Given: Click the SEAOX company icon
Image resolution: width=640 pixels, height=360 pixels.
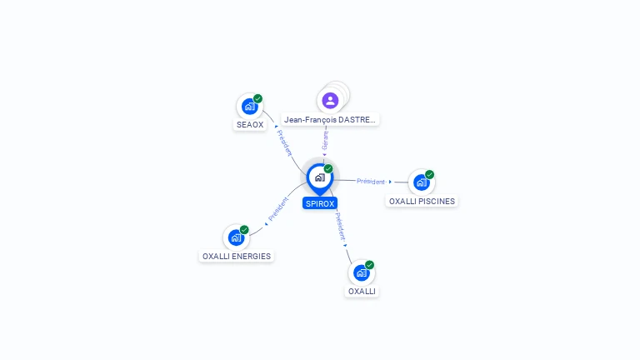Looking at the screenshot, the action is point(249,107).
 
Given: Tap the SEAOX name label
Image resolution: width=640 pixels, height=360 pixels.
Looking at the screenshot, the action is point(250,125).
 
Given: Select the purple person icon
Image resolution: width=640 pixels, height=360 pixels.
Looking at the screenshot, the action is point(330,100).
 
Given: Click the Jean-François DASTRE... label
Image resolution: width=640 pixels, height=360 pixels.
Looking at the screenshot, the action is point(330,120).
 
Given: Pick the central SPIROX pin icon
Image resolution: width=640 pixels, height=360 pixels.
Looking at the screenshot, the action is point(320,179).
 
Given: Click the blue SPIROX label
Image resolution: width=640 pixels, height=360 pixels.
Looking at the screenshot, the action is point(320,203).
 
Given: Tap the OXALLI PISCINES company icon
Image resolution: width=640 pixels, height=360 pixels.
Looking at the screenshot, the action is point(421,182).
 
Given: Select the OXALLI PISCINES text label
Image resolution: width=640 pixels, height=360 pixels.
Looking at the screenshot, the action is point(422,201).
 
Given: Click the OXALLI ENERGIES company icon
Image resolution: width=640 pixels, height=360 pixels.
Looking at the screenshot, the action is point(236,237).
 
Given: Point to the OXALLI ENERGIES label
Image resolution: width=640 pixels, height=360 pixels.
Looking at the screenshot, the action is point(237,257).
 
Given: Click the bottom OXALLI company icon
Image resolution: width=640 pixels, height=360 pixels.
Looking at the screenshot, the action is point(361,272).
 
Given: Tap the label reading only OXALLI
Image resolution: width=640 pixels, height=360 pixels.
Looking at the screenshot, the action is point(362,292).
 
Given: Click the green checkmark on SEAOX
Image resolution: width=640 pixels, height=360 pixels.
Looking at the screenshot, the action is point(257,98).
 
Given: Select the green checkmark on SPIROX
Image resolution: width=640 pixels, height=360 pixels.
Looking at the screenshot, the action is point(328,168).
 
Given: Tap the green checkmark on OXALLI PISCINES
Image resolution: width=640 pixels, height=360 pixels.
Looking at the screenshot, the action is point(429,174).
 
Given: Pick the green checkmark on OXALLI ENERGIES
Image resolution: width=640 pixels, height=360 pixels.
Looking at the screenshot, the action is point(244,229).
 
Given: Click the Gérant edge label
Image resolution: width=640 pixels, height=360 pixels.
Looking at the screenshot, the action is point(325,141).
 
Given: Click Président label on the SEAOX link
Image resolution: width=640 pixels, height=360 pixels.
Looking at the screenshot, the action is point(284,142).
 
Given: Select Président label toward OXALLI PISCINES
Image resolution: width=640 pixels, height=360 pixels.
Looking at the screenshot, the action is point(371,181).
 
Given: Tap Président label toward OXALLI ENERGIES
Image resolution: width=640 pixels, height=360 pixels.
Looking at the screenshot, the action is point(278,209).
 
